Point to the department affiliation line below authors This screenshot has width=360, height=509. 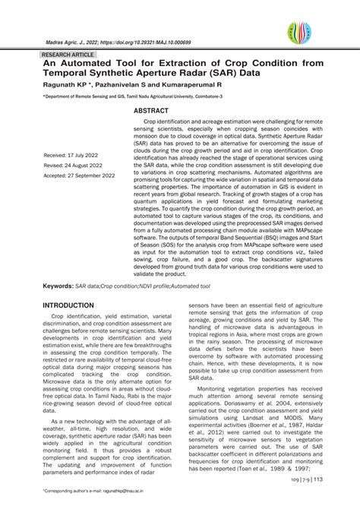pos(133,97)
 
